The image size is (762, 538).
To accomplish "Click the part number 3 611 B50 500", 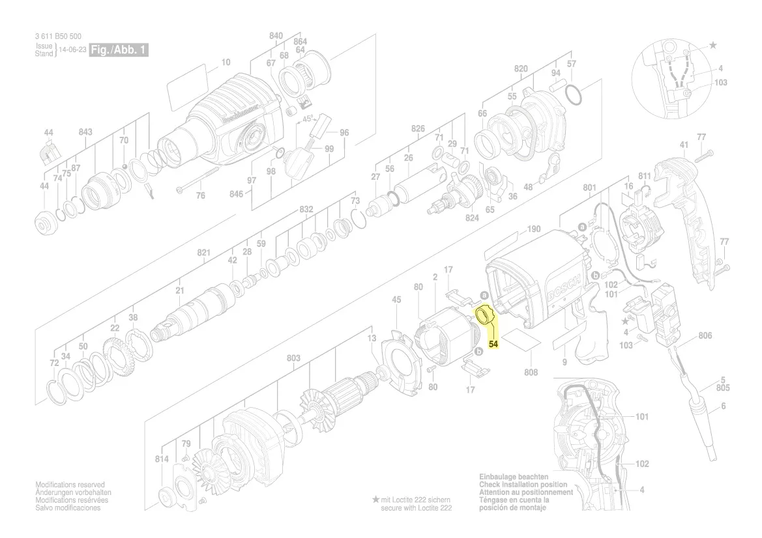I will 59,37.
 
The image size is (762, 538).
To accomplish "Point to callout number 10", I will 226,63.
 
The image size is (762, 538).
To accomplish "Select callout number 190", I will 534,229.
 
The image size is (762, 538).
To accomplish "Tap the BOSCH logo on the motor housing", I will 559,290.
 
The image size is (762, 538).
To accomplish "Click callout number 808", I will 531,373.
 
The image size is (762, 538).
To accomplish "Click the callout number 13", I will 372,338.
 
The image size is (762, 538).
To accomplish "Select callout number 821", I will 204,252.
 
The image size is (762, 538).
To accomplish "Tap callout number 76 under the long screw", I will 201,195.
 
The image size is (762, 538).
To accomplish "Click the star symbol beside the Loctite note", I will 375,499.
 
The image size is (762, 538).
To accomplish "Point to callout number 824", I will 472,218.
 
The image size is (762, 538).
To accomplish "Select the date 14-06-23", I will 72,50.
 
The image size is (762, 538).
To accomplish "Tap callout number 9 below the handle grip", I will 564,362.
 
